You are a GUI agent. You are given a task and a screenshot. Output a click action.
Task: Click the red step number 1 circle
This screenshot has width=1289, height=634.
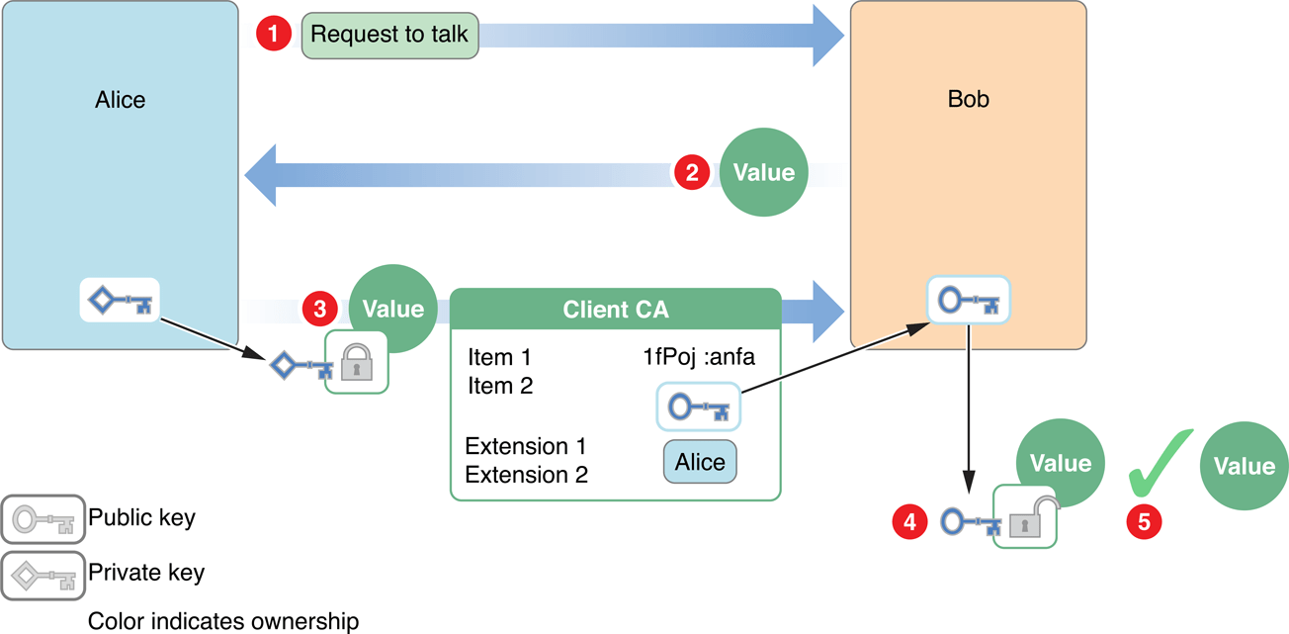[x=273, y=35]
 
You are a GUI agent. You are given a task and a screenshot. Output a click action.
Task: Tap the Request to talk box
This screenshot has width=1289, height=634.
[x=389, y=35]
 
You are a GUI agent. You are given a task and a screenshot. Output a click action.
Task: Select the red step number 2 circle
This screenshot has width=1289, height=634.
[x=692, y=172]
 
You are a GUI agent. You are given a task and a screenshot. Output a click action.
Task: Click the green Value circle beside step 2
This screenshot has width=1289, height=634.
[x=763, y=172]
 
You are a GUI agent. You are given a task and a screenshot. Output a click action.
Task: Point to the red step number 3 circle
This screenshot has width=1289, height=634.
[x=319, y=309]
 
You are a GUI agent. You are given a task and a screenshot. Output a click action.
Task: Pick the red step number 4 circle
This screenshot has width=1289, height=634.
[x=909, y=521]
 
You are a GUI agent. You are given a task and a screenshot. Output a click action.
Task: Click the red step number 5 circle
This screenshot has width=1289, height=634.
[x=1144, y=521]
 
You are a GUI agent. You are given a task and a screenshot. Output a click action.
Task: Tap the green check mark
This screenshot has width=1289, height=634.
[x=1160, y=463]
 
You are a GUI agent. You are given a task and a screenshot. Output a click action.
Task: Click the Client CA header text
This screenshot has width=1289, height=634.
[x=615, y=310]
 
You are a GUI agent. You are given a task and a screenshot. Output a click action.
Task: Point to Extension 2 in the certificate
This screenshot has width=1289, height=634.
[x=526, y=475]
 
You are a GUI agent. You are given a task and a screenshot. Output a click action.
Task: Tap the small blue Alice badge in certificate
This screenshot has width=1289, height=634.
[x=699, y=462]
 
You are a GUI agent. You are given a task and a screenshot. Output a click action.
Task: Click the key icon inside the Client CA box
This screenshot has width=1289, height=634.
[x=698, y=407]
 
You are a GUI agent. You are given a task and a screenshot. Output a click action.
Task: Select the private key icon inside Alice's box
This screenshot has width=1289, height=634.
[x=120, y=301]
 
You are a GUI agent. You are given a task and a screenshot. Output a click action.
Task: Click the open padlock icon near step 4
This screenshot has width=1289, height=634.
[x=1026, y=517]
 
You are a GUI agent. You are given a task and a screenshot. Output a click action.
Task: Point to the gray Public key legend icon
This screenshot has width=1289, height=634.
[x=43, y=518]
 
